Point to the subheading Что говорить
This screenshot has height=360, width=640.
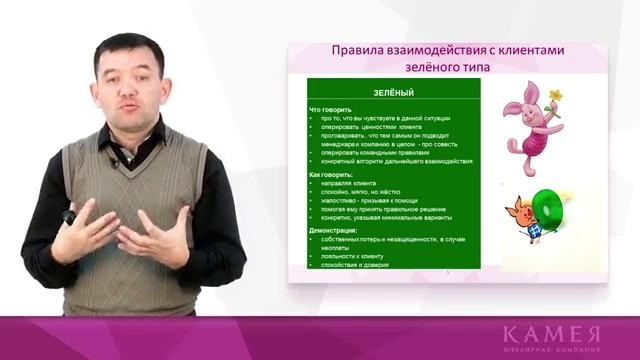click(x=331, y=109)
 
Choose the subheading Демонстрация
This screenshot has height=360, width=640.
click(x=335, y=231)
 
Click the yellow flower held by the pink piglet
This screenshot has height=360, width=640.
click(x=554, y=97)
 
